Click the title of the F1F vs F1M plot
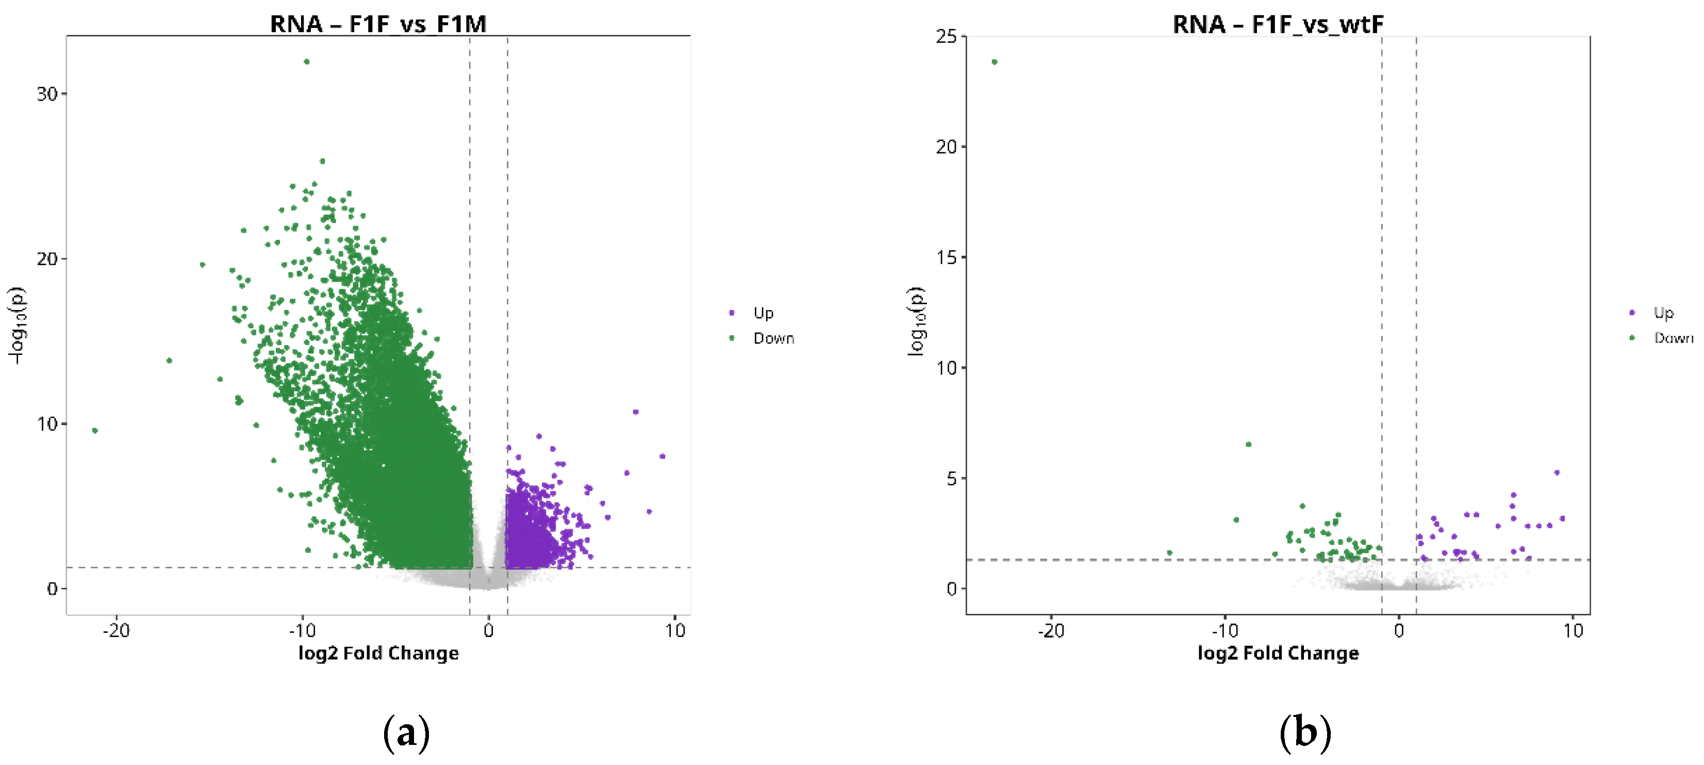(378, 24)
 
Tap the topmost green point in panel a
(306, 61)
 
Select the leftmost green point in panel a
(95, 431)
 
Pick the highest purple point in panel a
(636, 412)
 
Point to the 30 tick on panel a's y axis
(47, 94)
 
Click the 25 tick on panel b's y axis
(947, 37)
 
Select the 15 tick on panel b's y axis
(947, 257)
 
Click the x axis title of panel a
(378, 653)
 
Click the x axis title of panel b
(1278, 653)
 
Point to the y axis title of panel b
(916, 322)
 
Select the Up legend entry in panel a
(763, 313)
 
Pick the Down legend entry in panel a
(773, 338)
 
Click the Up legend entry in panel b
(1663, 313)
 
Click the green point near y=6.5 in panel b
(1248, 445)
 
